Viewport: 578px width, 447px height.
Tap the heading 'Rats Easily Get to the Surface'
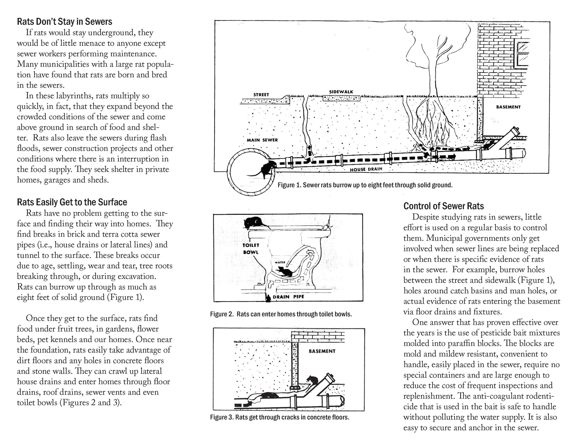point(72,202)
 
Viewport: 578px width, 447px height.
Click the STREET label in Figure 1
point(261,95)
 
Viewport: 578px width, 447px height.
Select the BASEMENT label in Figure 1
point(508,107)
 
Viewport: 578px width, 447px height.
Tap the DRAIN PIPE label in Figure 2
point(288,297)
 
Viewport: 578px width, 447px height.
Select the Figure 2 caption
point(281,314)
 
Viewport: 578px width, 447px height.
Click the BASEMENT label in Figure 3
point(322,351)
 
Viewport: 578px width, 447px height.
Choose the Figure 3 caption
point(279,417)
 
